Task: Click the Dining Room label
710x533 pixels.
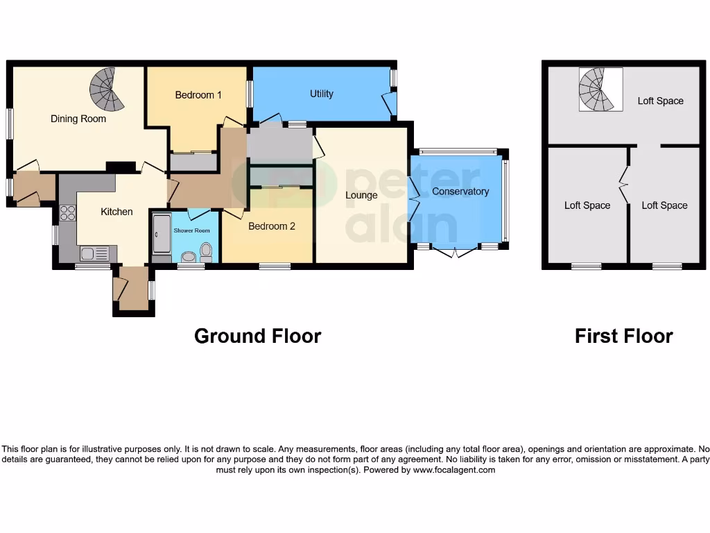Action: point(78,119)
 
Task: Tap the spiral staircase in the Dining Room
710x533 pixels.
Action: point(107,90)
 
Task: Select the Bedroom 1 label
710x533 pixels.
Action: point(198,94)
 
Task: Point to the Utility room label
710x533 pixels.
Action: point(322,94)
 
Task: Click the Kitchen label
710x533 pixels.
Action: point(116,211)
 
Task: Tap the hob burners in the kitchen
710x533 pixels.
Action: point(68,212)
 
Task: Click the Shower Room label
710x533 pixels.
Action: point(191,230)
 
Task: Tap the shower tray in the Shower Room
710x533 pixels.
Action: point(161,235)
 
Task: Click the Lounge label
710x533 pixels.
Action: point(361,195)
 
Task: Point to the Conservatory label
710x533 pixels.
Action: point(460,191)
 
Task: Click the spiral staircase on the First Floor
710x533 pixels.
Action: point(598,90)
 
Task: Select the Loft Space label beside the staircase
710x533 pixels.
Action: point(660,101)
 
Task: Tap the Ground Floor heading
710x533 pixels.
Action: point(257,336)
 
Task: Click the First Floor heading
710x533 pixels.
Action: point(623,336)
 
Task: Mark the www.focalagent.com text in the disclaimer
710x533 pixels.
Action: point(454,470)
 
